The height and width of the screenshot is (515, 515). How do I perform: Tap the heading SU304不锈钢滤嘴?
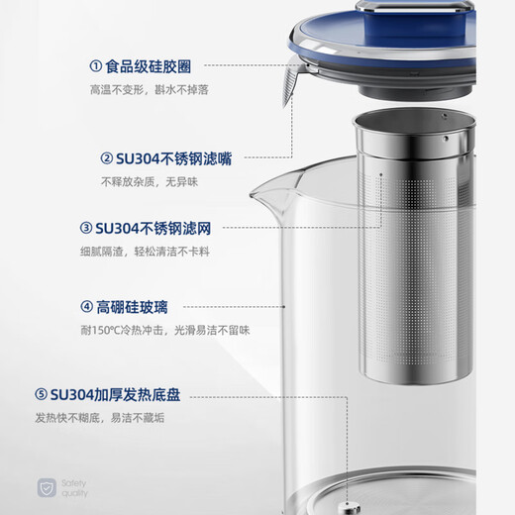[x=171, y=158]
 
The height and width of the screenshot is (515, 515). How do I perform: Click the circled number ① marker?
[x=96, y=68]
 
